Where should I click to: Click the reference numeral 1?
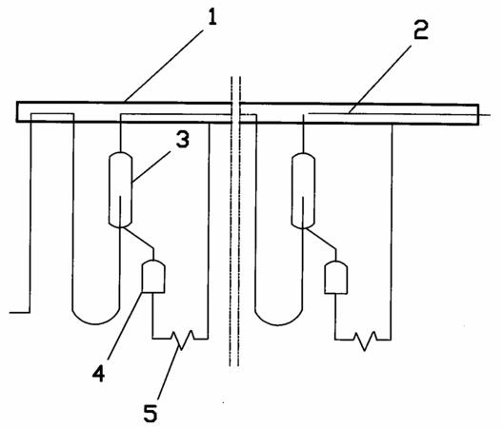[212, 17]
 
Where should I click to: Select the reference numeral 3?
[183, 139]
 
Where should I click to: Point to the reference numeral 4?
[99, 373]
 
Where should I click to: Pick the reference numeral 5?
[151, 413]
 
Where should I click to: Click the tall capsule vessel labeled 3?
[121, 189]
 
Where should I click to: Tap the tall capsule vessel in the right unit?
[303, 190]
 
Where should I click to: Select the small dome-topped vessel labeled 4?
[153, 277]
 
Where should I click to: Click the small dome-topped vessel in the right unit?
[336, 278]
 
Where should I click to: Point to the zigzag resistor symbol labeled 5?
[183, 340]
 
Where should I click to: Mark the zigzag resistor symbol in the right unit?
[365, 340]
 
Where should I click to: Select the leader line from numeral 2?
[380, 80]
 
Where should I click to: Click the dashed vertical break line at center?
[234, 221]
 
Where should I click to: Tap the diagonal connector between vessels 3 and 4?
[138, 238]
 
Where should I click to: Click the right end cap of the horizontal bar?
[478, 114]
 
